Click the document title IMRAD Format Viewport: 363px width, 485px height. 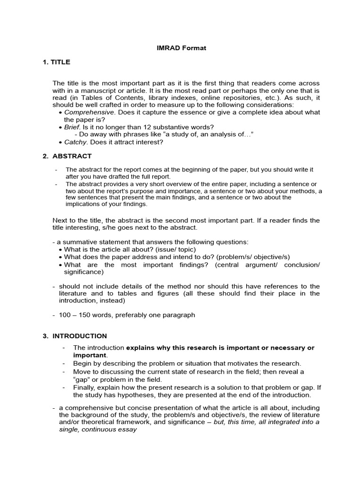pos(181,48)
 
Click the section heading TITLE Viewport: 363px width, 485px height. pos(61,62)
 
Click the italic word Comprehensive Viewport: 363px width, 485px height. pos(89,112)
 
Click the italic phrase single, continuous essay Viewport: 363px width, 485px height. pos(98,430)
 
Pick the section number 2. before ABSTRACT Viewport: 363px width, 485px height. pos(46,156)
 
